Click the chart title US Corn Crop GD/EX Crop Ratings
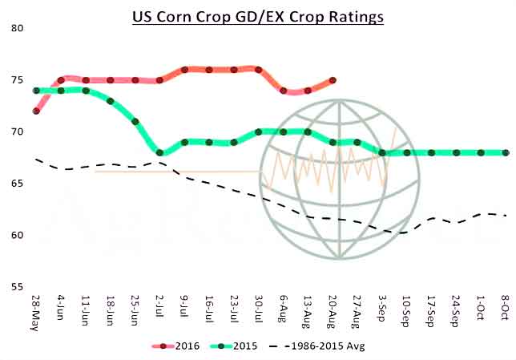click(258, 16)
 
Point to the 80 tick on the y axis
click(17, 29)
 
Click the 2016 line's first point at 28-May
click(36, 111)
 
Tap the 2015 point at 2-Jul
click(160, 152)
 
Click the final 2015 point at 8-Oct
click(506, 152)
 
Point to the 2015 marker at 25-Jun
click(135, 122)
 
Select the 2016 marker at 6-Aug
click(284, 91)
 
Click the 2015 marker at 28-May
click(36, 91)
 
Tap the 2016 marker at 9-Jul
click(184, 70)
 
